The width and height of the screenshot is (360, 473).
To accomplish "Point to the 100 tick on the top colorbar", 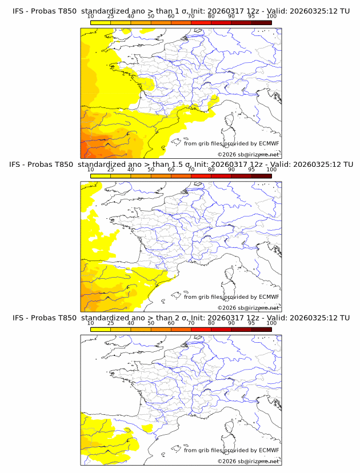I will [271, 17].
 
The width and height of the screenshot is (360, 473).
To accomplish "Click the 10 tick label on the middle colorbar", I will [91, 170].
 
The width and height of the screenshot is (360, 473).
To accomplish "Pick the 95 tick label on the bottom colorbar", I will [251, 323].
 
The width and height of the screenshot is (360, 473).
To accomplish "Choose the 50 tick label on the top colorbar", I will [151, 17].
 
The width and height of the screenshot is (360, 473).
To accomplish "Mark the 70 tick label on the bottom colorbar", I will [191, 323].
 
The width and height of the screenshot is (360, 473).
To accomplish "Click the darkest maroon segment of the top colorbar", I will [261, 22].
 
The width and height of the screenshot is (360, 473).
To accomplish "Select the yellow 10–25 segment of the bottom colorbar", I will [101, 329].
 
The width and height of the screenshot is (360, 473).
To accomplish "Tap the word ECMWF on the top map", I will [269, 144].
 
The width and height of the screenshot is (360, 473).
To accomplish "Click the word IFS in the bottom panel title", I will [18, 318].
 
